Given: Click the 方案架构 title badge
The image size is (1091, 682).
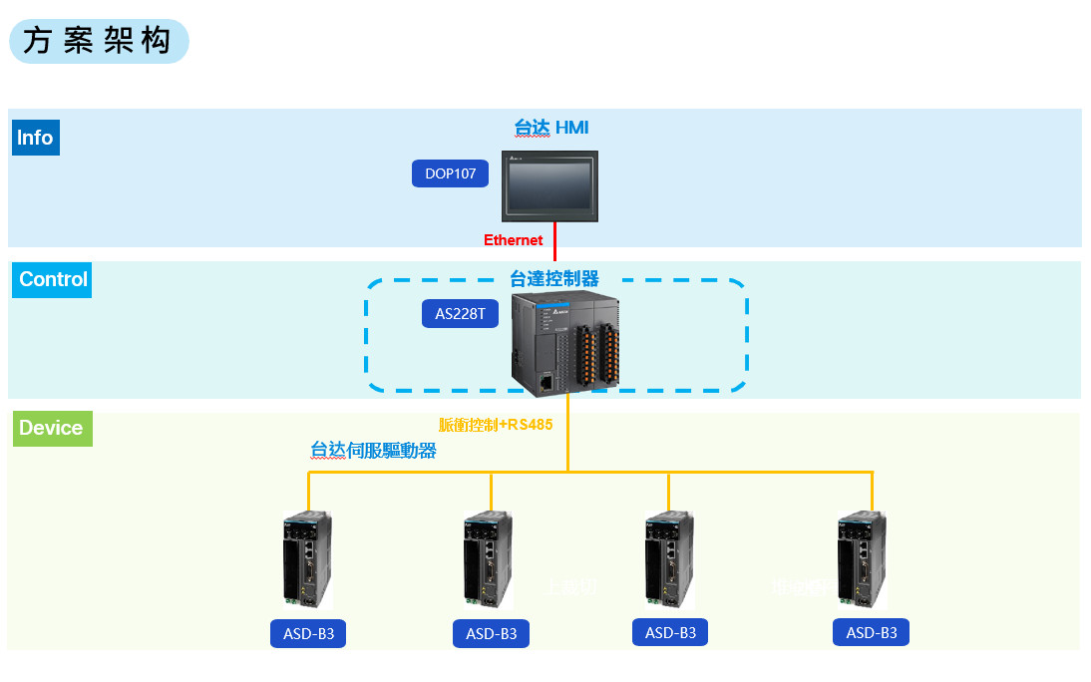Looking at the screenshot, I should pyautogui.click(x=99, y=41).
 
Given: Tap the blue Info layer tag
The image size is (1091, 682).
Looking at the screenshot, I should pyautogui.click(x=36, y=138).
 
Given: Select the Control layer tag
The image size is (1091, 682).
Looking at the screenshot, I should pyautogui.click(x=53, y=279).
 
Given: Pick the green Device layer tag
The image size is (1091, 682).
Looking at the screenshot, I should pyautogui.click(x=51, y=428).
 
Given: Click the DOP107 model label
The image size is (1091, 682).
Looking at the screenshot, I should pyautogui.click(x=451, y=173).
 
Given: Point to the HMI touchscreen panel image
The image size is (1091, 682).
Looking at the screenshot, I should pyautogui.click(x=549, y=185).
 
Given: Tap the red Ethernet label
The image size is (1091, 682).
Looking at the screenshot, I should pyautogui.click(x=514, y=240).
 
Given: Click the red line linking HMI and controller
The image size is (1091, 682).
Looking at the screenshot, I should pyautogui.click(x=555, y=243).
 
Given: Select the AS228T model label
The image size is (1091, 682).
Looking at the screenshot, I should pyautogui.click(x=460, y=314).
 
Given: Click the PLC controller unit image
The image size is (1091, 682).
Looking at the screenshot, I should pyautogui.click(x=564, y=344).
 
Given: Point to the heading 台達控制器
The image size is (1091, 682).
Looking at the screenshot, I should pyautogui.click(x=554, y=278).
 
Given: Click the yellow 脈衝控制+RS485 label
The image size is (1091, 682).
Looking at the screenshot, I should pyautogui.click(x=496, y=424).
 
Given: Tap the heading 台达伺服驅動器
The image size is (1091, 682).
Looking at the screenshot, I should pyautogui.click(x=374, y=450).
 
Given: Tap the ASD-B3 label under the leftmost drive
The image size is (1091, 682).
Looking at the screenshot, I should pyautogui.click(x=308, y=634).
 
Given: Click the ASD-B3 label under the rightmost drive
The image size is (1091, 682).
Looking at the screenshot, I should pyautogui.click(x=872, y=632).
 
